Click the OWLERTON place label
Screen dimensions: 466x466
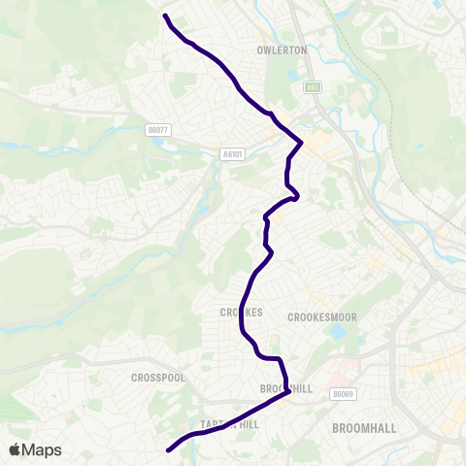[283, 50]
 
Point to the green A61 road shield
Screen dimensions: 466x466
[313, 88]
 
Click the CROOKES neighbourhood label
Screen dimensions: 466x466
[236, 313]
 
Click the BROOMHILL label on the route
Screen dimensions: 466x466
[286, 388]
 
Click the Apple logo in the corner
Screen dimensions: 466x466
[15, 449]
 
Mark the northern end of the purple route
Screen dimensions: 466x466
[165, 16]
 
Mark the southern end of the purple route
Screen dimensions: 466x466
[169, 450]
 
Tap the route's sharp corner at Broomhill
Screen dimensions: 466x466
[289, 392]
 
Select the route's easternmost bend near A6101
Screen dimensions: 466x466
[302, 144]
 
